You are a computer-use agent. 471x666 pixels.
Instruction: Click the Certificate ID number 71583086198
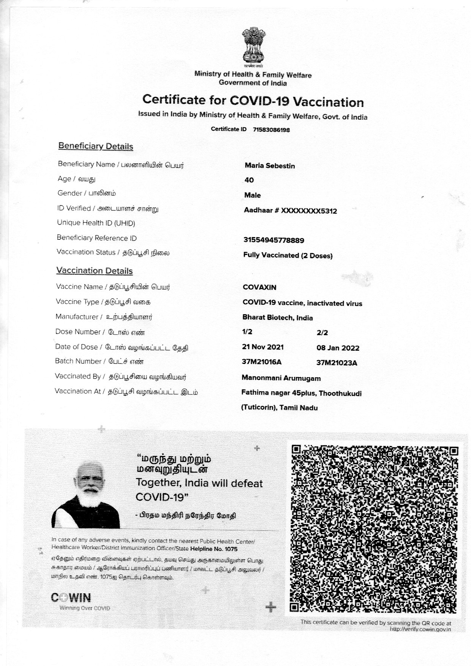tap(271, 130)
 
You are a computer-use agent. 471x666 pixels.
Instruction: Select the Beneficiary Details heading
tap(95, 146)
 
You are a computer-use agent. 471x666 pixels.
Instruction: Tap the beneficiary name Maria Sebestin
tap(270, 166)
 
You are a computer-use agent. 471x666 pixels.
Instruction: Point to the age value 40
tap(249, 180)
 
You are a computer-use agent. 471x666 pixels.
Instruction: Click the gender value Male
tap(253, 195)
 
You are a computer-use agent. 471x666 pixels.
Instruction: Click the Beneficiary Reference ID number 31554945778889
tap(273, 240)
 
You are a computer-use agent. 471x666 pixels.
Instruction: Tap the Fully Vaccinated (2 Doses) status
tap(288, 255)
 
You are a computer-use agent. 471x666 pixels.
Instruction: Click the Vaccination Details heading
tap(95, 271)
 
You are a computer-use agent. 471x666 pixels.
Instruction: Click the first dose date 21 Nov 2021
tap(262, 347)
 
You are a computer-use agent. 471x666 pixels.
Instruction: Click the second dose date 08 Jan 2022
tap(338, 348)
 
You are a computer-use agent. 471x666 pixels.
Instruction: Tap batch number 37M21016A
tap(261, 362)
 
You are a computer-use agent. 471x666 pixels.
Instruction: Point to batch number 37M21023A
tap(337, 363)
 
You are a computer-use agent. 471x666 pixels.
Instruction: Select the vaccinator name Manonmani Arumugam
tap(281, 378)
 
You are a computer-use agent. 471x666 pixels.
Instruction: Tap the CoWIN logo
tap(71, 598)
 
